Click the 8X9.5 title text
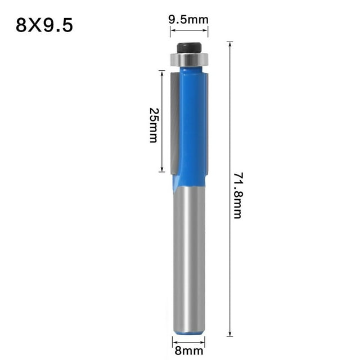[x=44, y=25]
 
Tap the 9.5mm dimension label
[x=188, y=20]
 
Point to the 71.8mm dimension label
[x=237, y=195]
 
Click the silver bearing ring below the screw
[x=188, y=58]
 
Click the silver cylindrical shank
[x=188, y=259]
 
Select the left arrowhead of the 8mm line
[x=174, y=341]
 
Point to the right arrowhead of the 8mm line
[x=203, y=341]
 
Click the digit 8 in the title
[x=22, y=25]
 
